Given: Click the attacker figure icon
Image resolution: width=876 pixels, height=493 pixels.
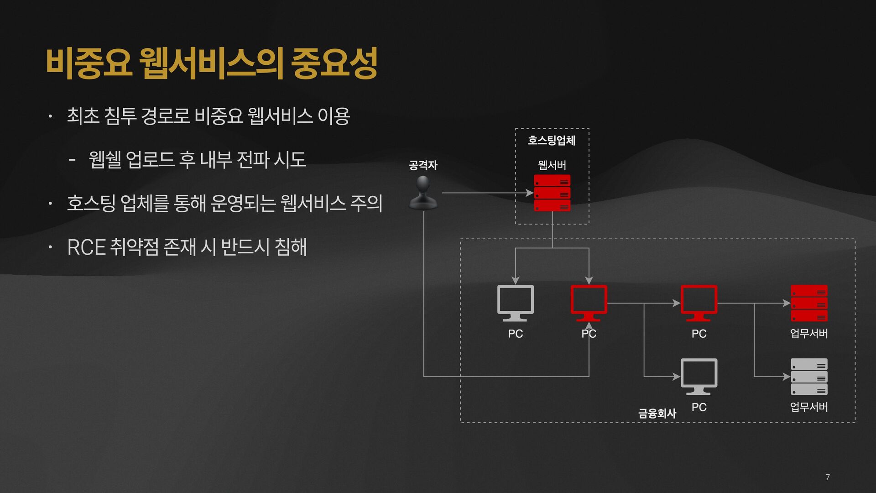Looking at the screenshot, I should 423,193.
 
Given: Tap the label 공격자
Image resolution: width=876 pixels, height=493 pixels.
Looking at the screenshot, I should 423,165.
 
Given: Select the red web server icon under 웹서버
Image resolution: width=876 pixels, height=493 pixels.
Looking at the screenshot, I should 552,193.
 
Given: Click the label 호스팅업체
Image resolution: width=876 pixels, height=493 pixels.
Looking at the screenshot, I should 552,140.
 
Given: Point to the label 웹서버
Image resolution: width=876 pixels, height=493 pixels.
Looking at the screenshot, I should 552,165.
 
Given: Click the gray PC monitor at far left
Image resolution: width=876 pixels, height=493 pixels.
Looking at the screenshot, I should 515,302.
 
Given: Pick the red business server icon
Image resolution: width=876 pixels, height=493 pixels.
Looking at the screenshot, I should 808,303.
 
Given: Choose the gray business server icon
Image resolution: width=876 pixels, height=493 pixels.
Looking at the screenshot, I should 808,377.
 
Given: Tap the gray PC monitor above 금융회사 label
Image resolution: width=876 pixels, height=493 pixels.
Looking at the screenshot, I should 699,376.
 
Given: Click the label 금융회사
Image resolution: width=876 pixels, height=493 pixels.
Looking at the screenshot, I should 657,413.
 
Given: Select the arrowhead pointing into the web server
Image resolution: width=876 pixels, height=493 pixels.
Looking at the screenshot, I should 529,193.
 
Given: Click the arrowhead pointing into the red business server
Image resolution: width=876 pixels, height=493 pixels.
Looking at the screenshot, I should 786,303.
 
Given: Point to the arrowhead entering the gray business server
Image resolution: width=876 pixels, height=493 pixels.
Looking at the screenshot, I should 786,377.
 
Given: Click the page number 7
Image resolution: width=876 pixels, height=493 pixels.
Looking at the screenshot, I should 828,477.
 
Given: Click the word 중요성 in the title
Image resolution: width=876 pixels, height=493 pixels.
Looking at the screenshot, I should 334,63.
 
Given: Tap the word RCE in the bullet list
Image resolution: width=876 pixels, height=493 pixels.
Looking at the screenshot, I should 86,247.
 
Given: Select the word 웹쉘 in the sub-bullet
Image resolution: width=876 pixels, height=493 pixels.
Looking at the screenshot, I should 104,160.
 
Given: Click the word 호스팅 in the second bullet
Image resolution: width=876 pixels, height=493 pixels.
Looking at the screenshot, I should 91,203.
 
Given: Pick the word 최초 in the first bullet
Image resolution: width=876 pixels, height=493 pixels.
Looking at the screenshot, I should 83,116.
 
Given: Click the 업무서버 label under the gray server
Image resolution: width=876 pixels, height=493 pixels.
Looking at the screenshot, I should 808,407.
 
